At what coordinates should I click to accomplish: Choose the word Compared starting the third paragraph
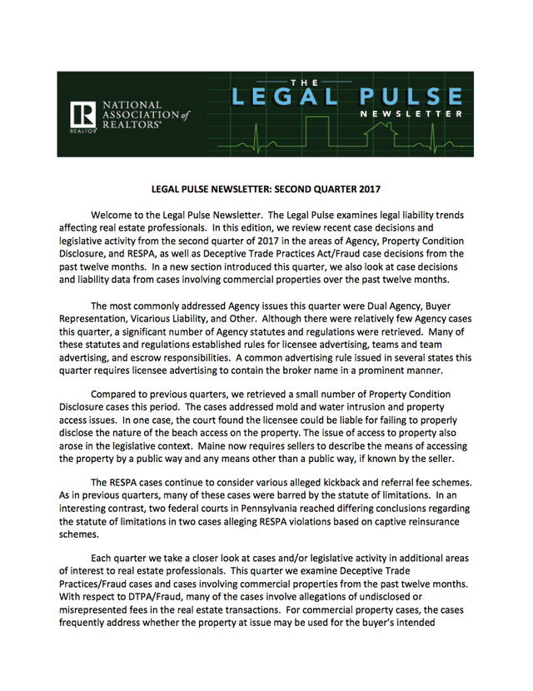click(x=119, y=394)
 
